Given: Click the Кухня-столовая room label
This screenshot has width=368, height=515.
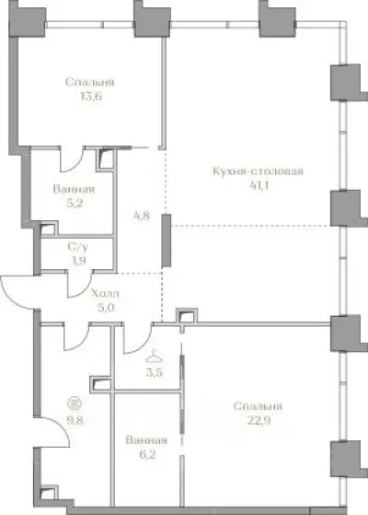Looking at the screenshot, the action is [259, 171].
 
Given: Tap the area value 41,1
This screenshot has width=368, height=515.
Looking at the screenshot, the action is [259, 185].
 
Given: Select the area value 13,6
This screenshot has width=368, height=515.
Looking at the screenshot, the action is [90, 97].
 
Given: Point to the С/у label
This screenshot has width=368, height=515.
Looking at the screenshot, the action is [77, 246].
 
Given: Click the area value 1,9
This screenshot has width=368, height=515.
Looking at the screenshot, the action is [78, 261].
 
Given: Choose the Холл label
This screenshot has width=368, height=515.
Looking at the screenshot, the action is [105, 293].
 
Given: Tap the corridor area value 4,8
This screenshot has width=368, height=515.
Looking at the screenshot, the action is [142, 216].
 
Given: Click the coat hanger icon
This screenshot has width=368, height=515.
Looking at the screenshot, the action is [155, 356].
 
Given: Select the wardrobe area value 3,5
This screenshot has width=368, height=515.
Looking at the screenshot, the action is [155, 373].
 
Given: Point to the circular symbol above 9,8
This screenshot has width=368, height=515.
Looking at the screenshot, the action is [74, 404].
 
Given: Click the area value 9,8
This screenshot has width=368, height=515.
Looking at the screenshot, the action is [75, 420].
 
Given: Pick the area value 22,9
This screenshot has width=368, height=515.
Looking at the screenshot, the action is [259, 420].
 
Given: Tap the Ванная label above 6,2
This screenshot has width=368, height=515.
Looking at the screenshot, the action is [146, 440].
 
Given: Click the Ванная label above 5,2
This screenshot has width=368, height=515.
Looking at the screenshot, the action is [74, 189].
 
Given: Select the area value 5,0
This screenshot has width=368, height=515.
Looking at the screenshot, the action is [106, 308].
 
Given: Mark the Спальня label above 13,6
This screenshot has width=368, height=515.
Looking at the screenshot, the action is [90, 82].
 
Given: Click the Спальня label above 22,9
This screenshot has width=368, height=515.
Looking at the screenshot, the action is [258, 406].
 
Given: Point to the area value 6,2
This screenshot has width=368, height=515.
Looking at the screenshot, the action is [147, 455].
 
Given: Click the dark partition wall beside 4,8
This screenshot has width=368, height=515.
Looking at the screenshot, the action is [167, 240].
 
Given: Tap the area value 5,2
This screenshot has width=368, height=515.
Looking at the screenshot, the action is [75, 204].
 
